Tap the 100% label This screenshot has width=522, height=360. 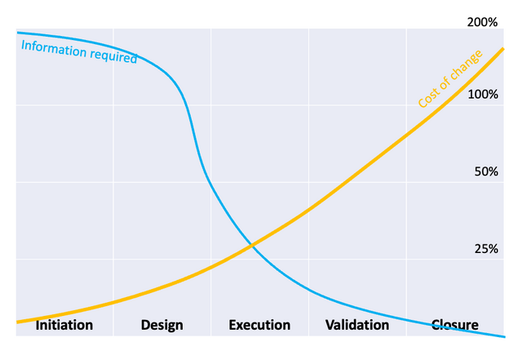coord(481,95)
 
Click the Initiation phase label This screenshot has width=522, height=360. coord(64,325)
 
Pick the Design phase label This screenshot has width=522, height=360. coord(161,325)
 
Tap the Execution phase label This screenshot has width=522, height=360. coord(259,325)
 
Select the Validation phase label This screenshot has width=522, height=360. coord(357,325)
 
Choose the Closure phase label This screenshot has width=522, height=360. coord(454,325)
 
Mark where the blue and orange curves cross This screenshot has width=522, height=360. coord(252,244)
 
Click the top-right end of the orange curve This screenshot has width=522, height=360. coord(504,48)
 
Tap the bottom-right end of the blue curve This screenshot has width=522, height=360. coord(504,336)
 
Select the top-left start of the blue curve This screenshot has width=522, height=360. coord(18,33)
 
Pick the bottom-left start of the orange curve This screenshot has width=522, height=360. coord(18,322)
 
